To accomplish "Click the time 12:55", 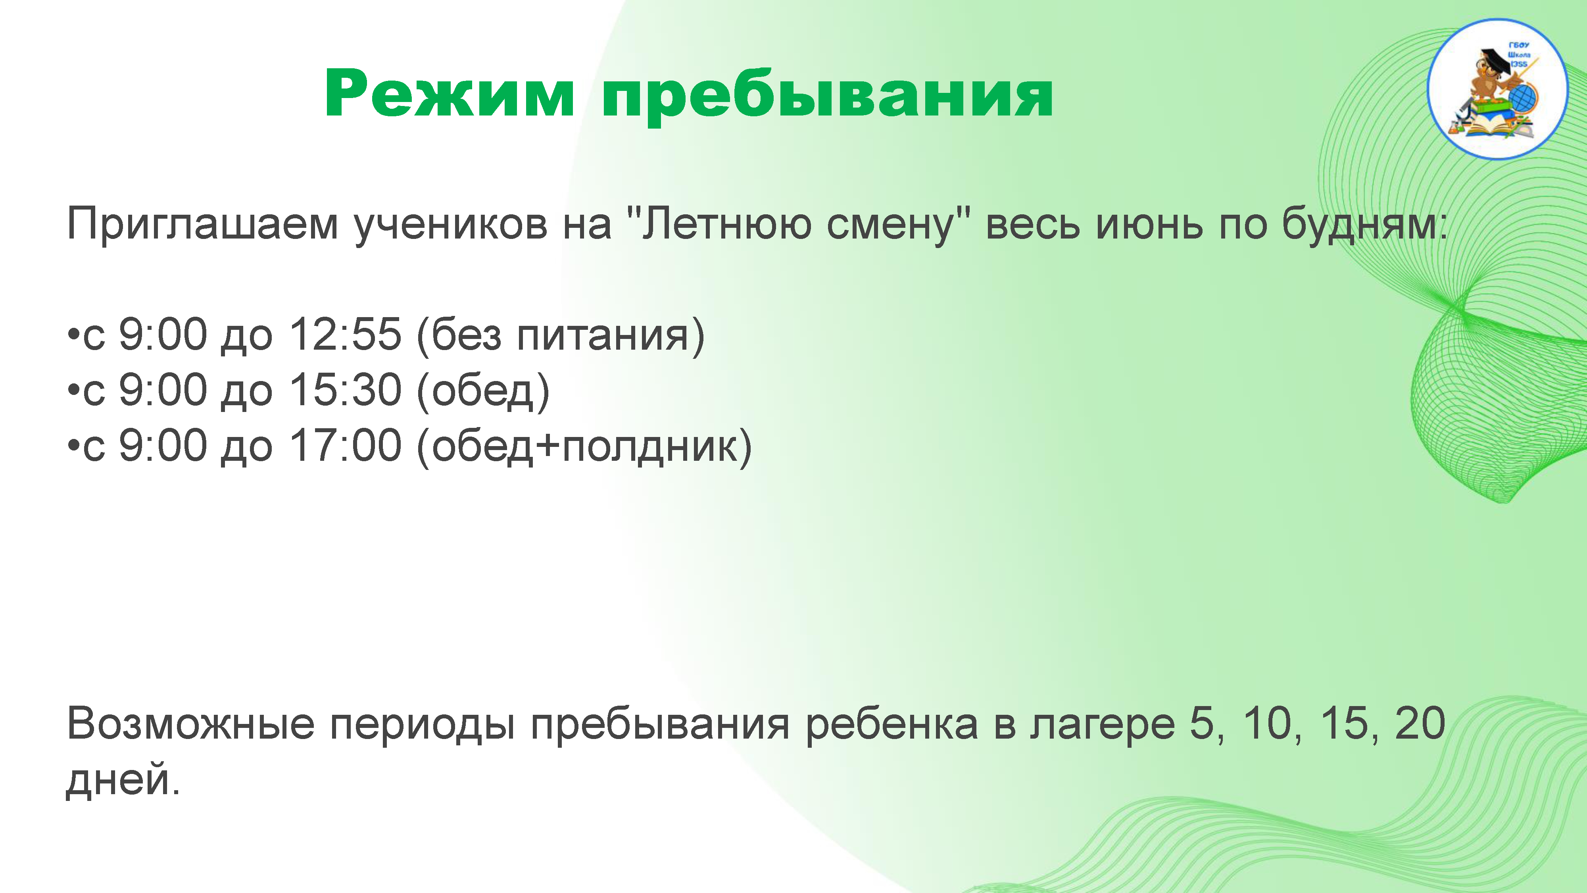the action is [346, 335].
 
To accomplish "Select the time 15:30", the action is [346, 390].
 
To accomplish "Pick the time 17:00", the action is [346, 446].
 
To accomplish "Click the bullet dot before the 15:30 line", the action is [73, 390].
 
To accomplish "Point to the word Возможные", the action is [190, 724].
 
